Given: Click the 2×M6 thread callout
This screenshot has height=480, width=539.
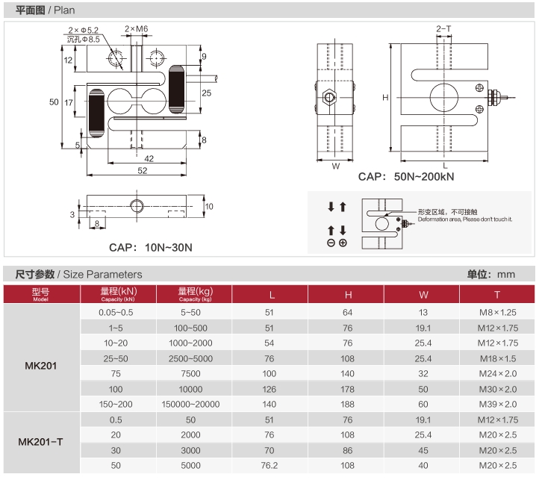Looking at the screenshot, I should [137, 29].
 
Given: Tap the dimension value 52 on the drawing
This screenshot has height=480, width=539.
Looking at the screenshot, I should [143, 171].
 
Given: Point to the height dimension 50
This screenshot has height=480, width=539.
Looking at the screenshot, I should [54, 102].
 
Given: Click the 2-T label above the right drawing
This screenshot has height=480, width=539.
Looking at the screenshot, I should [443, 29].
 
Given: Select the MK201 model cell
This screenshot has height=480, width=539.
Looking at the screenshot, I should [40, 366].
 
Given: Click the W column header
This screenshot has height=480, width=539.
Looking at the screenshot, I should [424, 294].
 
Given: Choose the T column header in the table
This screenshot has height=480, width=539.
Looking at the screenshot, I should [497, 294].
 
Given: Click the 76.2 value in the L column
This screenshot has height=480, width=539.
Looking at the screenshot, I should [269, 465].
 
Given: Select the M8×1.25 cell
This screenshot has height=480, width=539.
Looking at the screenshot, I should [497, 312].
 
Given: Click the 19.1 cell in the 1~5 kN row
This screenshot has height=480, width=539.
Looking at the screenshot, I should [424, 328].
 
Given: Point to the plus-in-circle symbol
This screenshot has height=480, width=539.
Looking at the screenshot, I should [343, 243].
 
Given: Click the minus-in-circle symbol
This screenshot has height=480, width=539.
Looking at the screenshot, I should [331, 243].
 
